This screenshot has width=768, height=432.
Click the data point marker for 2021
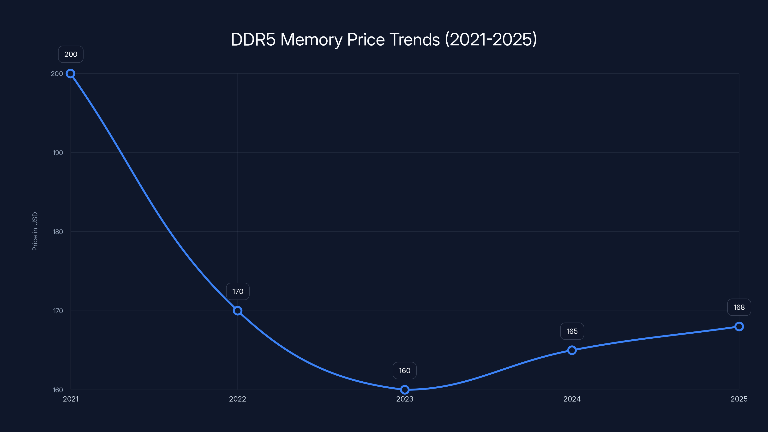pos(70,74)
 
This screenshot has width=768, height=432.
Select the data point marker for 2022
pos(237,311)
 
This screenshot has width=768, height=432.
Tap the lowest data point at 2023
pos(405,390)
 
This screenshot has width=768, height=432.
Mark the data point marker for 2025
pos(739,326)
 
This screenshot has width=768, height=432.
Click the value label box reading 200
pos(71,54)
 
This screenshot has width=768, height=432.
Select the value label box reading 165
pos(572,331)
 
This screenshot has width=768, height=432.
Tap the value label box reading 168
pos(739,307)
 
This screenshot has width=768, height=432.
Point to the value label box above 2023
pos(405,371)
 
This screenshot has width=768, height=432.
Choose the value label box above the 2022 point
pos(238,291)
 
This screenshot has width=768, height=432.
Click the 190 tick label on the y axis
pos(58,153)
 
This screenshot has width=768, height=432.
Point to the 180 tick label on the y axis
pos(58,232)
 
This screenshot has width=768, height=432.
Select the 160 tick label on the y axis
pos(58,390)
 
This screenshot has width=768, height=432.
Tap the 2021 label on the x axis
pos(71,399)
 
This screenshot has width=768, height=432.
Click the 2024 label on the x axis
pos(572,399)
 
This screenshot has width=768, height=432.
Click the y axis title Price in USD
pos(35,231)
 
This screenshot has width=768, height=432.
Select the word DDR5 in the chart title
pos(253,39)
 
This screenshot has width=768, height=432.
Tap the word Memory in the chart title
pos(311,40)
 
